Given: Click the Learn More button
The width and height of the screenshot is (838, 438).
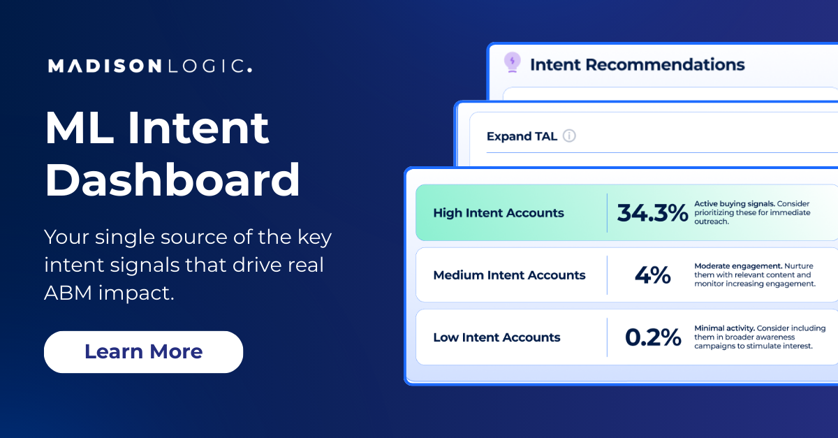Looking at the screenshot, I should click(143, 351).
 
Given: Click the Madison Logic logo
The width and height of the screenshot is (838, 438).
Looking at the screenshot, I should click(149, 66).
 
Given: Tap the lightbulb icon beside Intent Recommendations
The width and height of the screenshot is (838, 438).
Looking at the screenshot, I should click(513, 63).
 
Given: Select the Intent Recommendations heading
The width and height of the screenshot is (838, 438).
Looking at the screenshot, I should click(637, 65).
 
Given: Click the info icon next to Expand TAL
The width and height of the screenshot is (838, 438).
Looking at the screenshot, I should click(569, 136).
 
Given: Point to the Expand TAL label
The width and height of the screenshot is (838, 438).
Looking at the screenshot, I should click(522, 136).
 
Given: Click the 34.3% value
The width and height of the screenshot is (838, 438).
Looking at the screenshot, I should click(652, 213).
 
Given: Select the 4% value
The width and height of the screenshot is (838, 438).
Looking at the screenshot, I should click(652, 275).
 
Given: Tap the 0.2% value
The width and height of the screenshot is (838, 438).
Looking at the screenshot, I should click(652, 337).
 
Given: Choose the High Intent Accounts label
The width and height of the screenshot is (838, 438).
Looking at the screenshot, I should click(498, 213).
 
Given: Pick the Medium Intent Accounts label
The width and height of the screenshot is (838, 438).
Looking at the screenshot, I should click(509, 275).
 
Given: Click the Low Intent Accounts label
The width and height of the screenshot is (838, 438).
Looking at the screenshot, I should click(497, 337).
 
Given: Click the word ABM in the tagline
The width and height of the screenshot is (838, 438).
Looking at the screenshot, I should click(67, 293).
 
